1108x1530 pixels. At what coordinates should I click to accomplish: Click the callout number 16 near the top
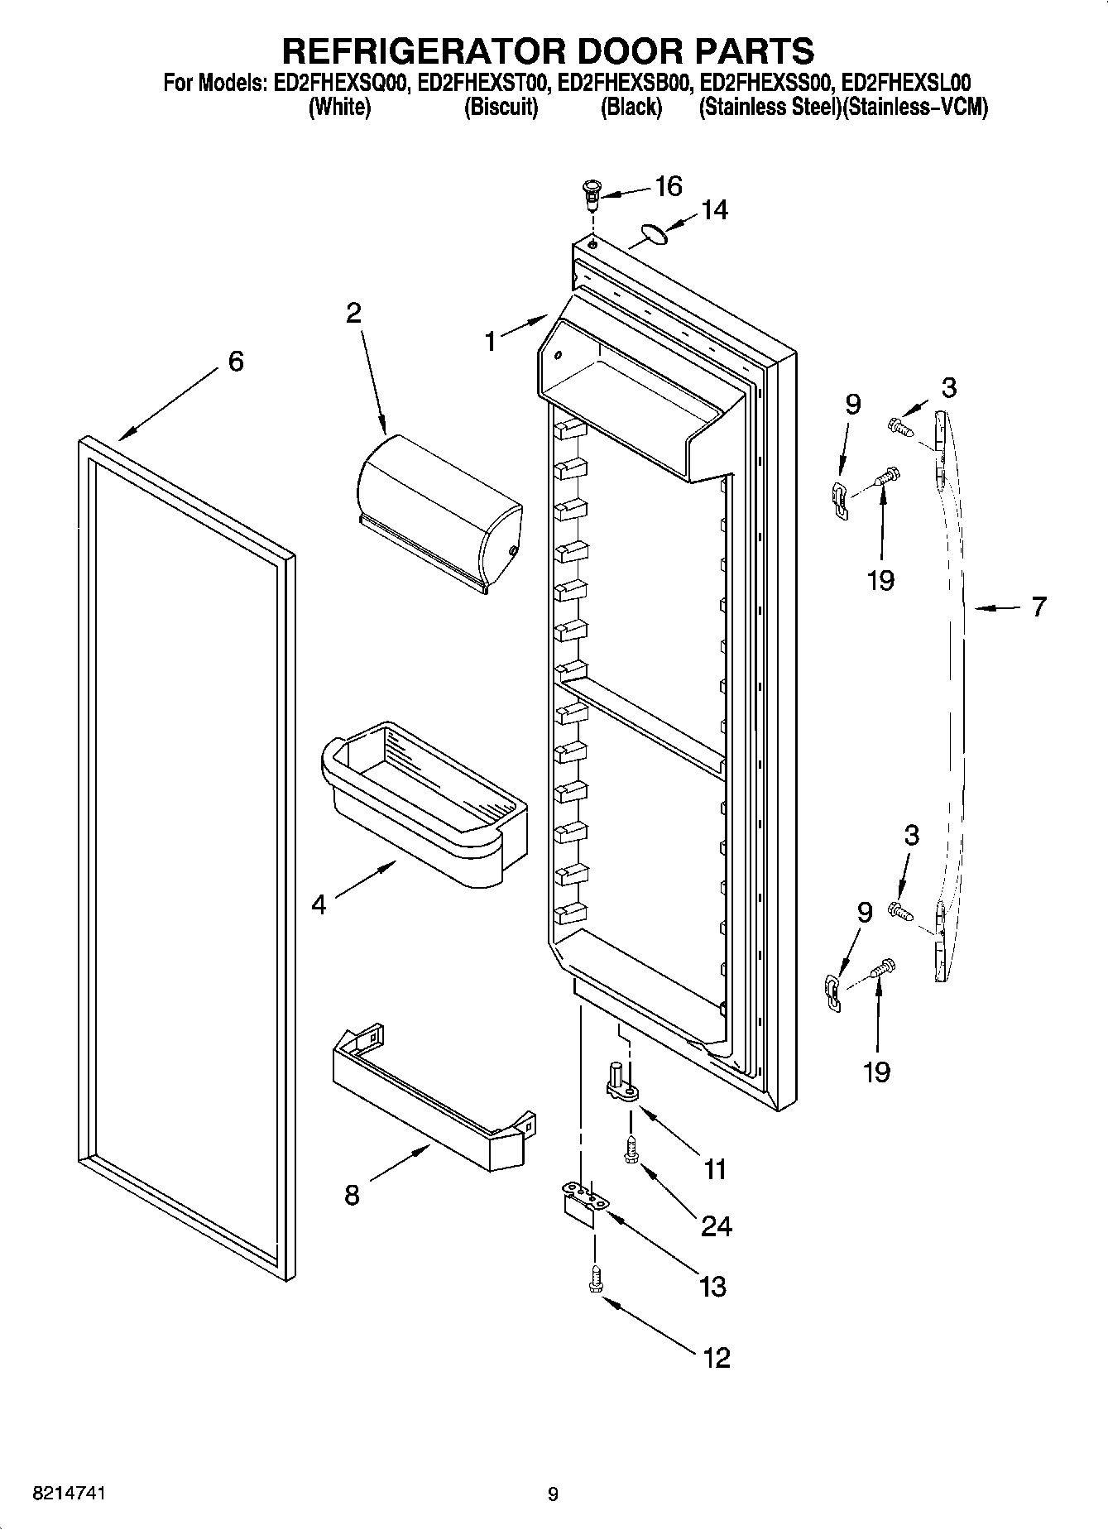point(668,187)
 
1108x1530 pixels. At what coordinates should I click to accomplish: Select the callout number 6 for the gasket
point(236,362)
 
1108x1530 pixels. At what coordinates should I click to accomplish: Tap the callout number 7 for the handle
point(1038,607)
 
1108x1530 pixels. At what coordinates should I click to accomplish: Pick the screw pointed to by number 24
point(631,1151)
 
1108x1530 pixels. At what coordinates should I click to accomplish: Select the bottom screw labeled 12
point(594,1278)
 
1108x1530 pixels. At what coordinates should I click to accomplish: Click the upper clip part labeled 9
point(840,500)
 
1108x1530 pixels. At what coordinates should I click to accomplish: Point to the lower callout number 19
point(876,1072)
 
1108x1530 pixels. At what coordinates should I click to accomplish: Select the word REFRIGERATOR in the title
point(423,50)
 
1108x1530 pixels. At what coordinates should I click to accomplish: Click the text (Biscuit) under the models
point(501,108)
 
